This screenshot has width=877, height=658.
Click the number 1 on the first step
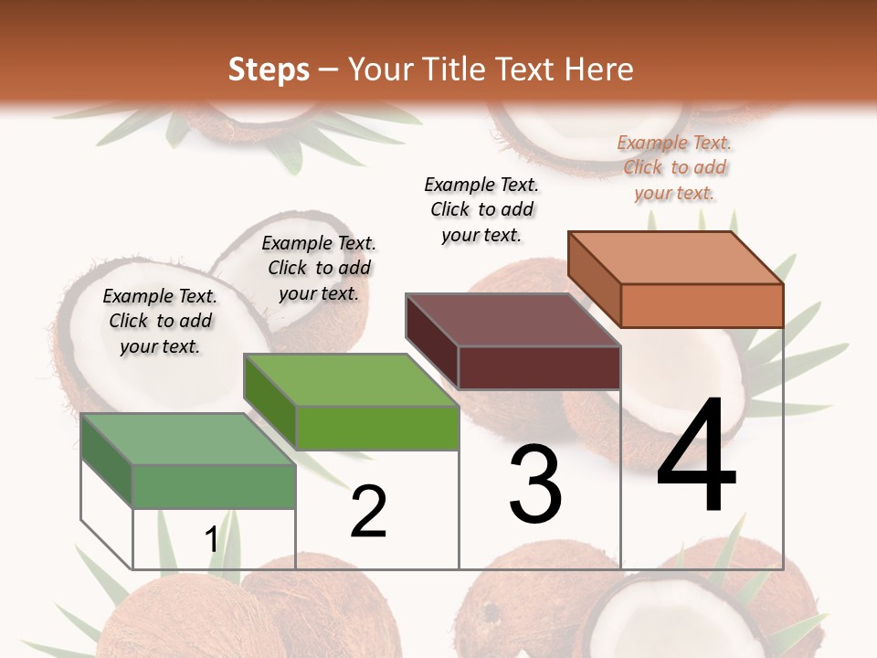click(x=212, y=540)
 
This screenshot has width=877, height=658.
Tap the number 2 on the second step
click(x=368, y=512)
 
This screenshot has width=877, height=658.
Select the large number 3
click(x=535, y=484)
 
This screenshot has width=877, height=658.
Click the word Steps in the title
click(x=269, y=69)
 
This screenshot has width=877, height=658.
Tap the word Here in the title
click(x=599, y=69)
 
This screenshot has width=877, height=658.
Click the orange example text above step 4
click(x=674, y=167)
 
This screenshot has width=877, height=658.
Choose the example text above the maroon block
click(x=481, y=209)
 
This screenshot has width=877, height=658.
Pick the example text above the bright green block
click(x=319, y=268)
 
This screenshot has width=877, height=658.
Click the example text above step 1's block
click(x=160, y=321)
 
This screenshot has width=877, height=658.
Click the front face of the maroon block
click(x=539, y=367)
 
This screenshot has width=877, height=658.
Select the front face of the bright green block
click(x=377, y=428)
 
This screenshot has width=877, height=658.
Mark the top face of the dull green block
click(x=188, y=439)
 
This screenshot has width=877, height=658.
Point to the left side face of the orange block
click(x=594, y=280)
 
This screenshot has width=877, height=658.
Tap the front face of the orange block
click(x=702, y=305)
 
